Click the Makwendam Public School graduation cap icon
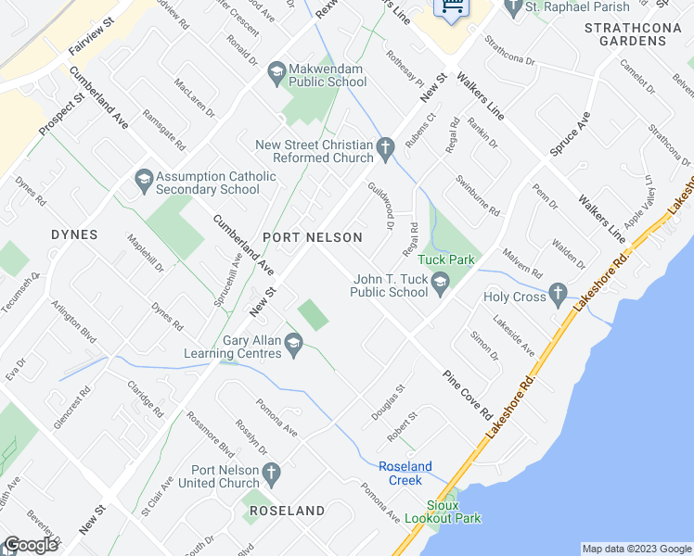(x=276, y=70)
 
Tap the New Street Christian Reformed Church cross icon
(x=387, y=145)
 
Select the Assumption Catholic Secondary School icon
(x=143, y=177)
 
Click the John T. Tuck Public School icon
(x=441, y=281)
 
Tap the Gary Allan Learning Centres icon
(x=294, y=346)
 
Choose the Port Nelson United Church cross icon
(x=270, y=474)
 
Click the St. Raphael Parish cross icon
(x=513, y=8)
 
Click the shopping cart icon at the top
(x=453, y=7)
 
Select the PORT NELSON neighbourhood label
(x=313, y=237)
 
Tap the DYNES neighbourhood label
(x=75, y=234)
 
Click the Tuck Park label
(x=445, y=259)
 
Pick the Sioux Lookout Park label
(x=442, y=512)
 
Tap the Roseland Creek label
(x=405, y=473)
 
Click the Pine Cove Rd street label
(x=467, y=395)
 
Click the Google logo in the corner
(x=32, y=545)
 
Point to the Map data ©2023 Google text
(x=636, y=549)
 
